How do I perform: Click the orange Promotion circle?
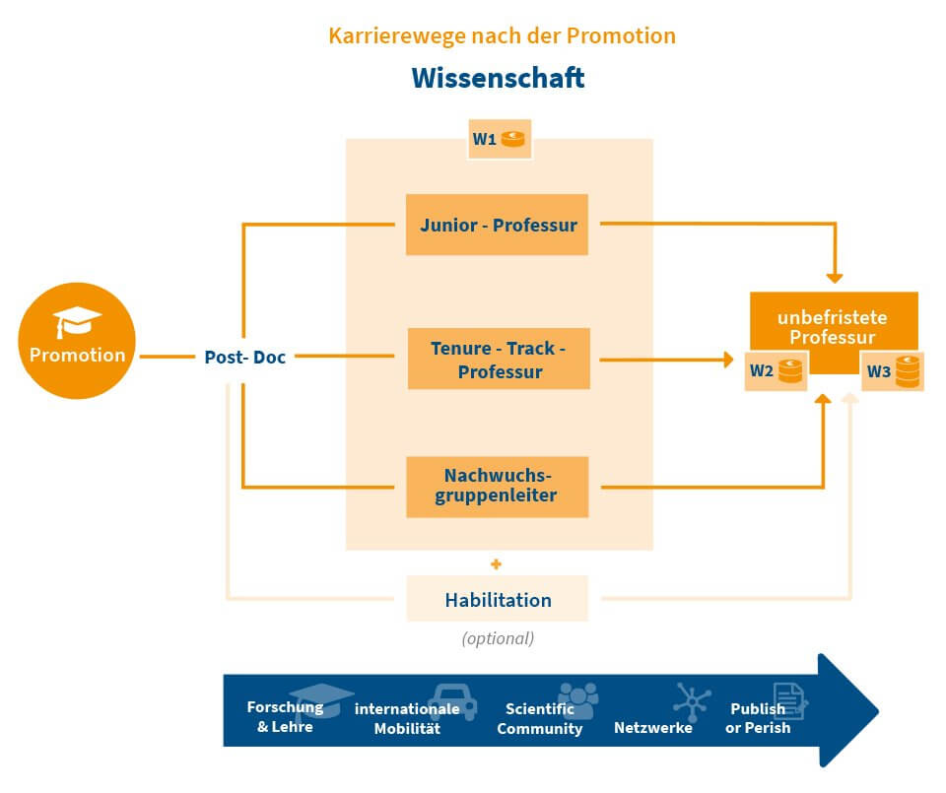tap(77, 341)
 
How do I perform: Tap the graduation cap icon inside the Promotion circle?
tap(78, 321)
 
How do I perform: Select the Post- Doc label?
tap(244, 357)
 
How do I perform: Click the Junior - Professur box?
tap(498, 225)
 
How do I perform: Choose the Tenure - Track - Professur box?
tap(498, 360)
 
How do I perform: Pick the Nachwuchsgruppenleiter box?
tap(498, 486)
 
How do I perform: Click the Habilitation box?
tap(498, 599)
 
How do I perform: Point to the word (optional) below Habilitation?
tap(498, 638)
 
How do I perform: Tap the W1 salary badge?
tap(500, 139)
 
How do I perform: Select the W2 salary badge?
tap(776, 371)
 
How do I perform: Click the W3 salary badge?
tap(892, 371)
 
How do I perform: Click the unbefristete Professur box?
tap(833, 328)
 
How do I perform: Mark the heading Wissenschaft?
tap(498, 78)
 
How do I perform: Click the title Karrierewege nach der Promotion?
tap(502, 36)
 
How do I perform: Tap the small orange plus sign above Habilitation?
tap(496, 564)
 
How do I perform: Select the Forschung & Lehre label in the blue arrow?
tap(285, 717)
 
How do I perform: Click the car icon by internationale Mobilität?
tap(452, 701)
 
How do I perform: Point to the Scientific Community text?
tap(540, 719)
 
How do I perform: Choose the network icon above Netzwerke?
tap(691, 701)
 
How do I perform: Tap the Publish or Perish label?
tap(758, 718)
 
